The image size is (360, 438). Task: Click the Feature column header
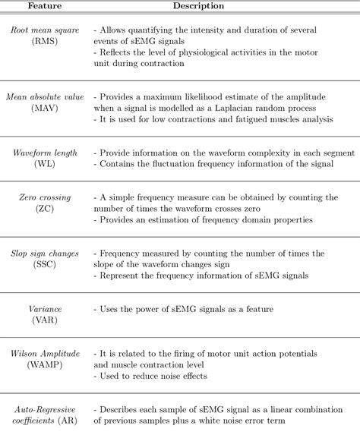[44, 6]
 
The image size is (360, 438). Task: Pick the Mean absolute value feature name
[44, 98]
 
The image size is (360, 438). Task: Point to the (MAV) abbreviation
[44, 109]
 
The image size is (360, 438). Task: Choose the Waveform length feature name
[44, 153]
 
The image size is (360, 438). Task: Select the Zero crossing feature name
[44, 197]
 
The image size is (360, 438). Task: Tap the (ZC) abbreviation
[44, 209]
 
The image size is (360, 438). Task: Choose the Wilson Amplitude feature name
[44, 353]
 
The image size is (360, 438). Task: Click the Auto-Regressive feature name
[44, 409]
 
